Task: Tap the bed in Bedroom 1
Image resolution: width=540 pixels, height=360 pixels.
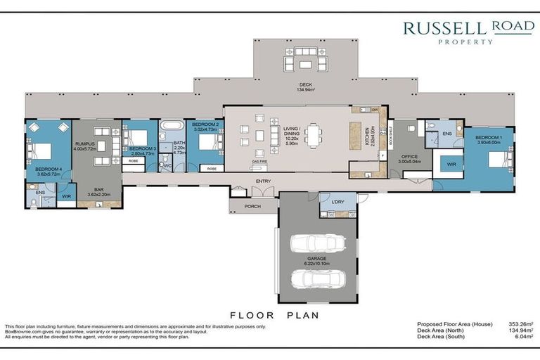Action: click(501, 160)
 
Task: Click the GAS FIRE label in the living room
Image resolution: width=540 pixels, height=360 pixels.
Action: click(260, 161)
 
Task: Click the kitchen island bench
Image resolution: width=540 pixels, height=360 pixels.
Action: click(355, 135)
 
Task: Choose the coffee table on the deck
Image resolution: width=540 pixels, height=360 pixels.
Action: click(305, 65)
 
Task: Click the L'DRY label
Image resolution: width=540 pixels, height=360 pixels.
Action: click(338, 202)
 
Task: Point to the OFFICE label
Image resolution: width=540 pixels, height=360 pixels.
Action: click(409, 155)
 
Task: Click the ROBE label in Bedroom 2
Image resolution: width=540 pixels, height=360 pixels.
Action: click(210, 169)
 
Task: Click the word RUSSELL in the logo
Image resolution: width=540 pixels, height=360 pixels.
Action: click(445, 29)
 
